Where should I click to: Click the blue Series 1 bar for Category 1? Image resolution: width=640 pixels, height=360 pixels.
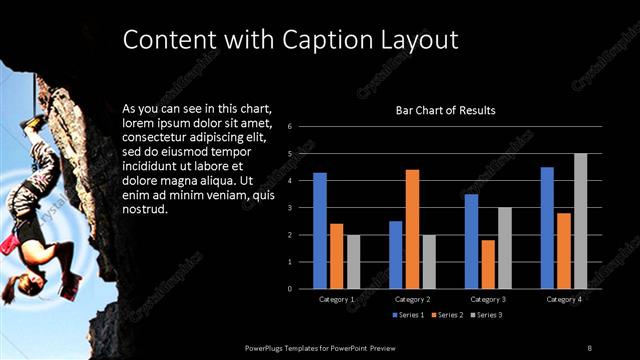click(x=320, y=231)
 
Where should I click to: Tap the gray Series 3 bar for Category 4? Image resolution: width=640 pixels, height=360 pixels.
click(x=580, y=221)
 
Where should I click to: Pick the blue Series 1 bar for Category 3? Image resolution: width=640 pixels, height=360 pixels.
click(x=471, y=241)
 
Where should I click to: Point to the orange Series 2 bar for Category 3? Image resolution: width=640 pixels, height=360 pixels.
click(x=487, y=264)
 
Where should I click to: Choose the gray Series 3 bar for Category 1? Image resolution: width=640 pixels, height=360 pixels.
click(x=353, y=261)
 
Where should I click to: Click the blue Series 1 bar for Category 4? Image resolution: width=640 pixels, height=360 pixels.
click(x=547, y=228)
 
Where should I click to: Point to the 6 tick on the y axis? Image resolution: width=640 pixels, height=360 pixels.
click(x=289, y=127)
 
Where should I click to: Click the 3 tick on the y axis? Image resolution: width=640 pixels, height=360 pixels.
click(x=289, y=208)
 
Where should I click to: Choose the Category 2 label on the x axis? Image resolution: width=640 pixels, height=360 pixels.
click(x=412, y=299)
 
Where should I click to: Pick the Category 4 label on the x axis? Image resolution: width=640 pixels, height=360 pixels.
click(x=564, y=299)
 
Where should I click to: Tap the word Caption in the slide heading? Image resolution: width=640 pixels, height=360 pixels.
click(x=326, y=40)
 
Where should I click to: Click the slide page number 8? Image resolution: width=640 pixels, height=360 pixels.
click(x=590, y=347)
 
